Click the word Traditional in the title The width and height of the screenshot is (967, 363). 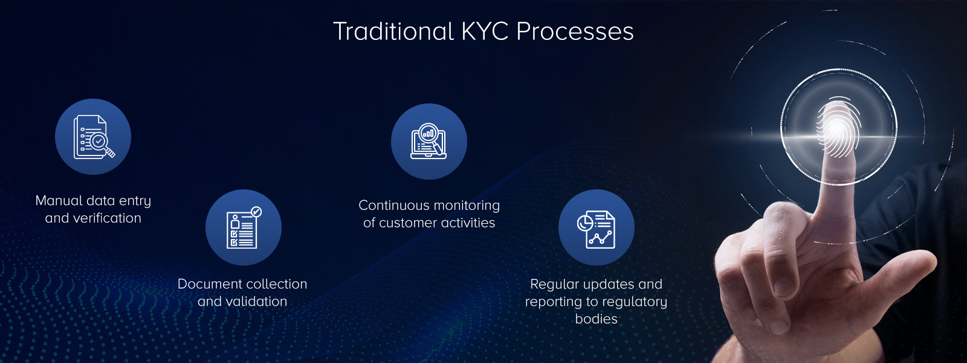(x=393, y=31)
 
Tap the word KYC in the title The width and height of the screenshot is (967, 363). (x=485, y=31)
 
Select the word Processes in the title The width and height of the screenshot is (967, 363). (x=575, y=31)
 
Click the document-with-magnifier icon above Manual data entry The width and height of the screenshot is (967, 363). (x=93, y=137)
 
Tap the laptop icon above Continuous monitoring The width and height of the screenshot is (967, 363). (x=429, y=142)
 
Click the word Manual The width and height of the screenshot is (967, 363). (x=59, y=201)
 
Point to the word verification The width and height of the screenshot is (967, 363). (x=106, y=218)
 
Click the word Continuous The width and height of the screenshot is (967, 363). (x=393, y=206)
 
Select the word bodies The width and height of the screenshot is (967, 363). (x=596, y=319)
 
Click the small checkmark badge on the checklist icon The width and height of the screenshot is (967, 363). (x=256, y=212)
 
